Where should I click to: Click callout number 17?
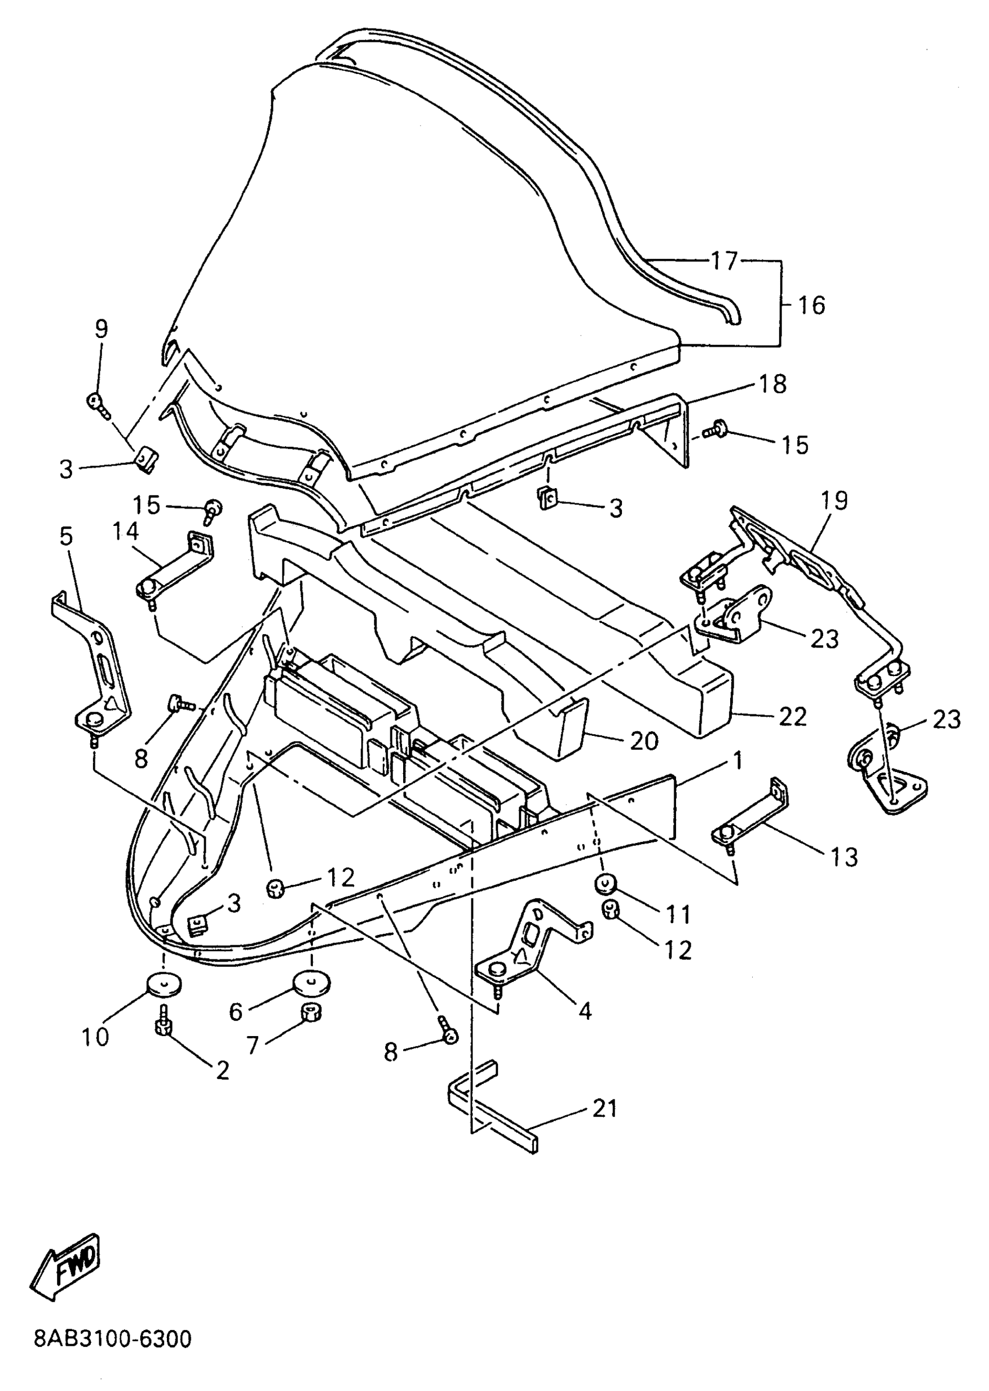(x=724, y=261)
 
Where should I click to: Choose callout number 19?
(x=834, y=501)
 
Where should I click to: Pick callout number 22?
(x=792, y=717)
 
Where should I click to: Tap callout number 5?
(x=66, y=536)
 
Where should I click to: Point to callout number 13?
(x=844, y=857)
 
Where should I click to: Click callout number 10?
(x=95, y=1036)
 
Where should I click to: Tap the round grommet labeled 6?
(x=311, y=982)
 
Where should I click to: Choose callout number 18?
(x=772, y=385)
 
